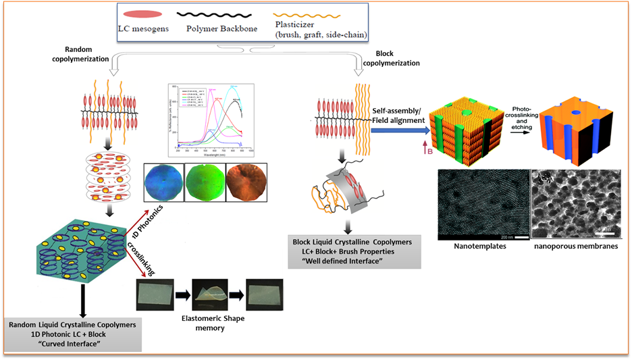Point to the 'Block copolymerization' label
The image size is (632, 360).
pyautogui.click(x=391, y=57)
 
